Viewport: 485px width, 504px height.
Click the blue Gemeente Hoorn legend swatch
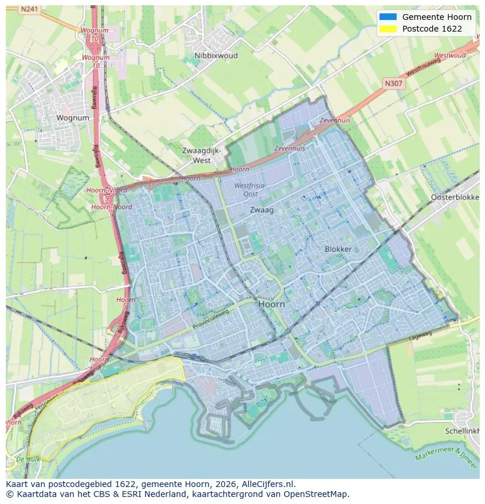[x=388, y=17]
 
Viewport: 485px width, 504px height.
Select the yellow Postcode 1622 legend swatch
[x=388, y=29]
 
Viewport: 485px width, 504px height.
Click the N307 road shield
[x=394, y=84]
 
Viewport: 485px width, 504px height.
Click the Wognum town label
[x=73, y=118]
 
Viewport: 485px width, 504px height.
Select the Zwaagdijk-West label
[x=201, y=155]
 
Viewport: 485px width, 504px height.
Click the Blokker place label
[x=338, y=249]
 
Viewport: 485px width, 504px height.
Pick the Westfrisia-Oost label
[x=250, y=189]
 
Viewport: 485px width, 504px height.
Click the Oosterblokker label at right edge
[x=455, y=197]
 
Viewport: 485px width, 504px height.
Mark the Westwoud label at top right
[x=450, y=56]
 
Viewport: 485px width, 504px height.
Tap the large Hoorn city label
[x=272, y=304]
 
